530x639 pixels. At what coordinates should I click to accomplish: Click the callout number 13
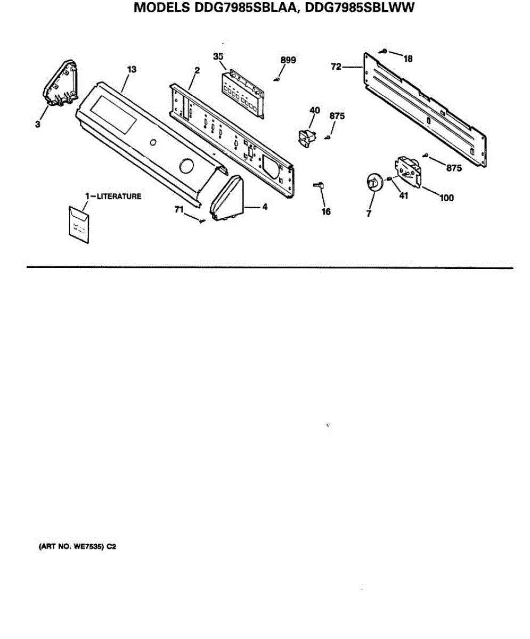pyautogui.click(x=132, y=69)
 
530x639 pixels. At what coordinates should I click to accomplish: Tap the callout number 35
pyautogui.click(x=217, y=56)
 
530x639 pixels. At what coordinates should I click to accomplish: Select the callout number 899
pyautogui.click(x=288, y=60)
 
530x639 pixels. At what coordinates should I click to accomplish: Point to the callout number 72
pyautogui.click(x=336, y=68)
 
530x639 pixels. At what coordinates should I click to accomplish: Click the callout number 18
pyautogui.click(x=408, y=59)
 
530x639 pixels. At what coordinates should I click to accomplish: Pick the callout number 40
pyautogui.click(x=314, y=110)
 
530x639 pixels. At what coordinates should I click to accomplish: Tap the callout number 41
pyautogui.click(x=403, y=195)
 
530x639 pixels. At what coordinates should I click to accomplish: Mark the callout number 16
pyautogui.click(x=326, y=211)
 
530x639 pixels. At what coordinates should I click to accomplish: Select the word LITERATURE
pyautogui.click(x=119, y=196)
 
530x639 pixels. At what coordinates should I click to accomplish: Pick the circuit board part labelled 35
pyautogui.click(x=243, y=93)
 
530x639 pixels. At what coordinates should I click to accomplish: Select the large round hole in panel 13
pyautogui.click(x=186, y=167)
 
